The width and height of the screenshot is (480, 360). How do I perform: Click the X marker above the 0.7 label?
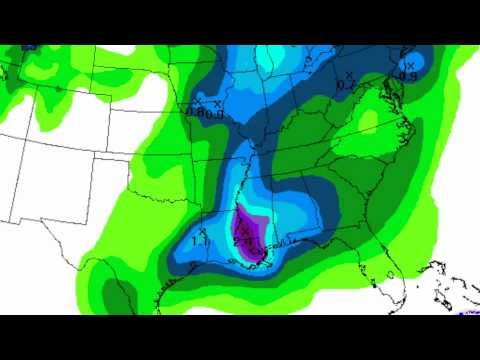point(348,75)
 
